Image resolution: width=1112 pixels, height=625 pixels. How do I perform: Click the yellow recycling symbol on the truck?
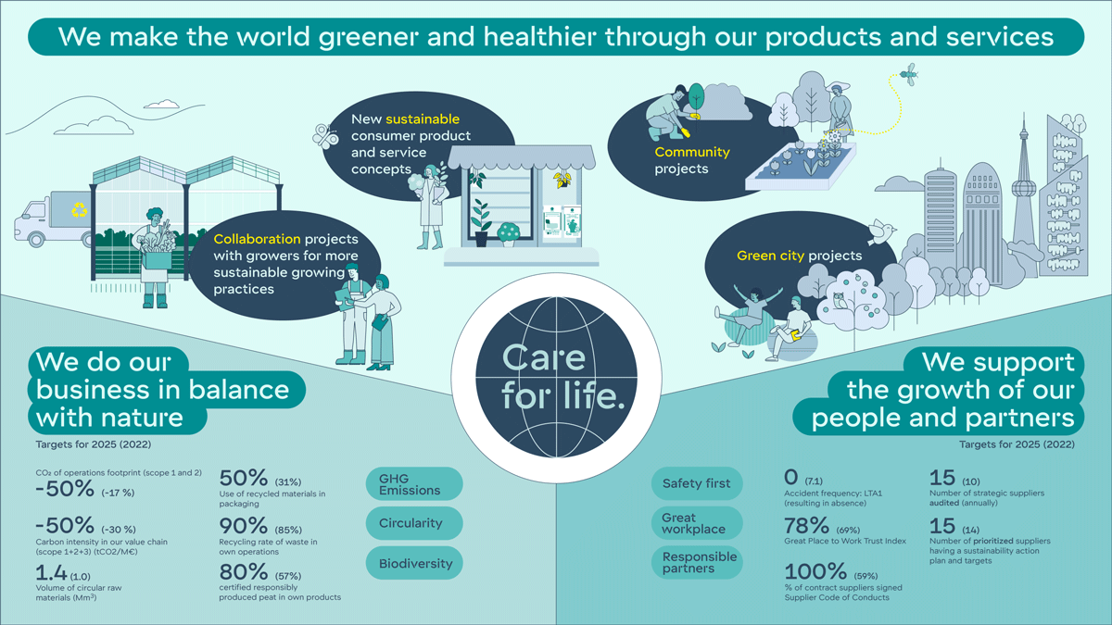[x=79, y=210]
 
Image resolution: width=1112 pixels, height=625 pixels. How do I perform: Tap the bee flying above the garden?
[x=909, y=74]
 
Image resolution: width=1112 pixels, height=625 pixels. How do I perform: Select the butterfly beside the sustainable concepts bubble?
[x=325, y=136]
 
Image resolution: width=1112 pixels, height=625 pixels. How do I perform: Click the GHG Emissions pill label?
[x=414, y=484]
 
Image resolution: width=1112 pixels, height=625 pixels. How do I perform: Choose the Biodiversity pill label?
[x=414, y=563]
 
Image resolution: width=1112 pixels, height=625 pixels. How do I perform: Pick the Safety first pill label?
[x=697, y=483]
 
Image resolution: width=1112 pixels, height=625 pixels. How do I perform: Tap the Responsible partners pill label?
[x=697, y=563]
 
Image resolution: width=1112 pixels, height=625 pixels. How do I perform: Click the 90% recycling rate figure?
[x=243, y=526]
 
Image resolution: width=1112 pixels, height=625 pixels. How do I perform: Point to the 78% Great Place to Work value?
[x=807, y=526]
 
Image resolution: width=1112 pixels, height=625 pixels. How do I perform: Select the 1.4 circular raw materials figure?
[x=51, y=573]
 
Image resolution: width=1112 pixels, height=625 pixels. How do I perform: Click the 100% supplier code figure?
[x=815, y=571]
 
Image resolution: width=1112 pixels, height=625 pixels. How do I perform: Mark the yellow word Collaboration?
[x=258, y=239]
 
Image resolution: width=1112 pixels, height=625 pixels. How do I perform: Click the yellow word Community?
[x=692, y=152]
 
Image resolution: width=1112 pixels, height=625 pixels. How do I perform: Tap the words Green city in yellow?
[x=770, y=256]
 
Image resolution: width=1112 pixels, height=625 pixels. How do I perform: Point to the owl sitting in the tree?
[x=839, y=301]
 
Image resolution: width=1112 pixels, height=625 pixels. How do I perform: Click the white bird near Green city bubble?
[x=881, y=232]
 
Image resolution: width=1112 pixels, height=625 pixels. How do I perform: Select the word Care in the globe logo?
[x=544, y=357]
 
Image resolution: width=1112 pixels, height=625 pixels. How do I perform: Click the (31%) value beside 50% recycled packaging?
[x=288, y=482]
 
